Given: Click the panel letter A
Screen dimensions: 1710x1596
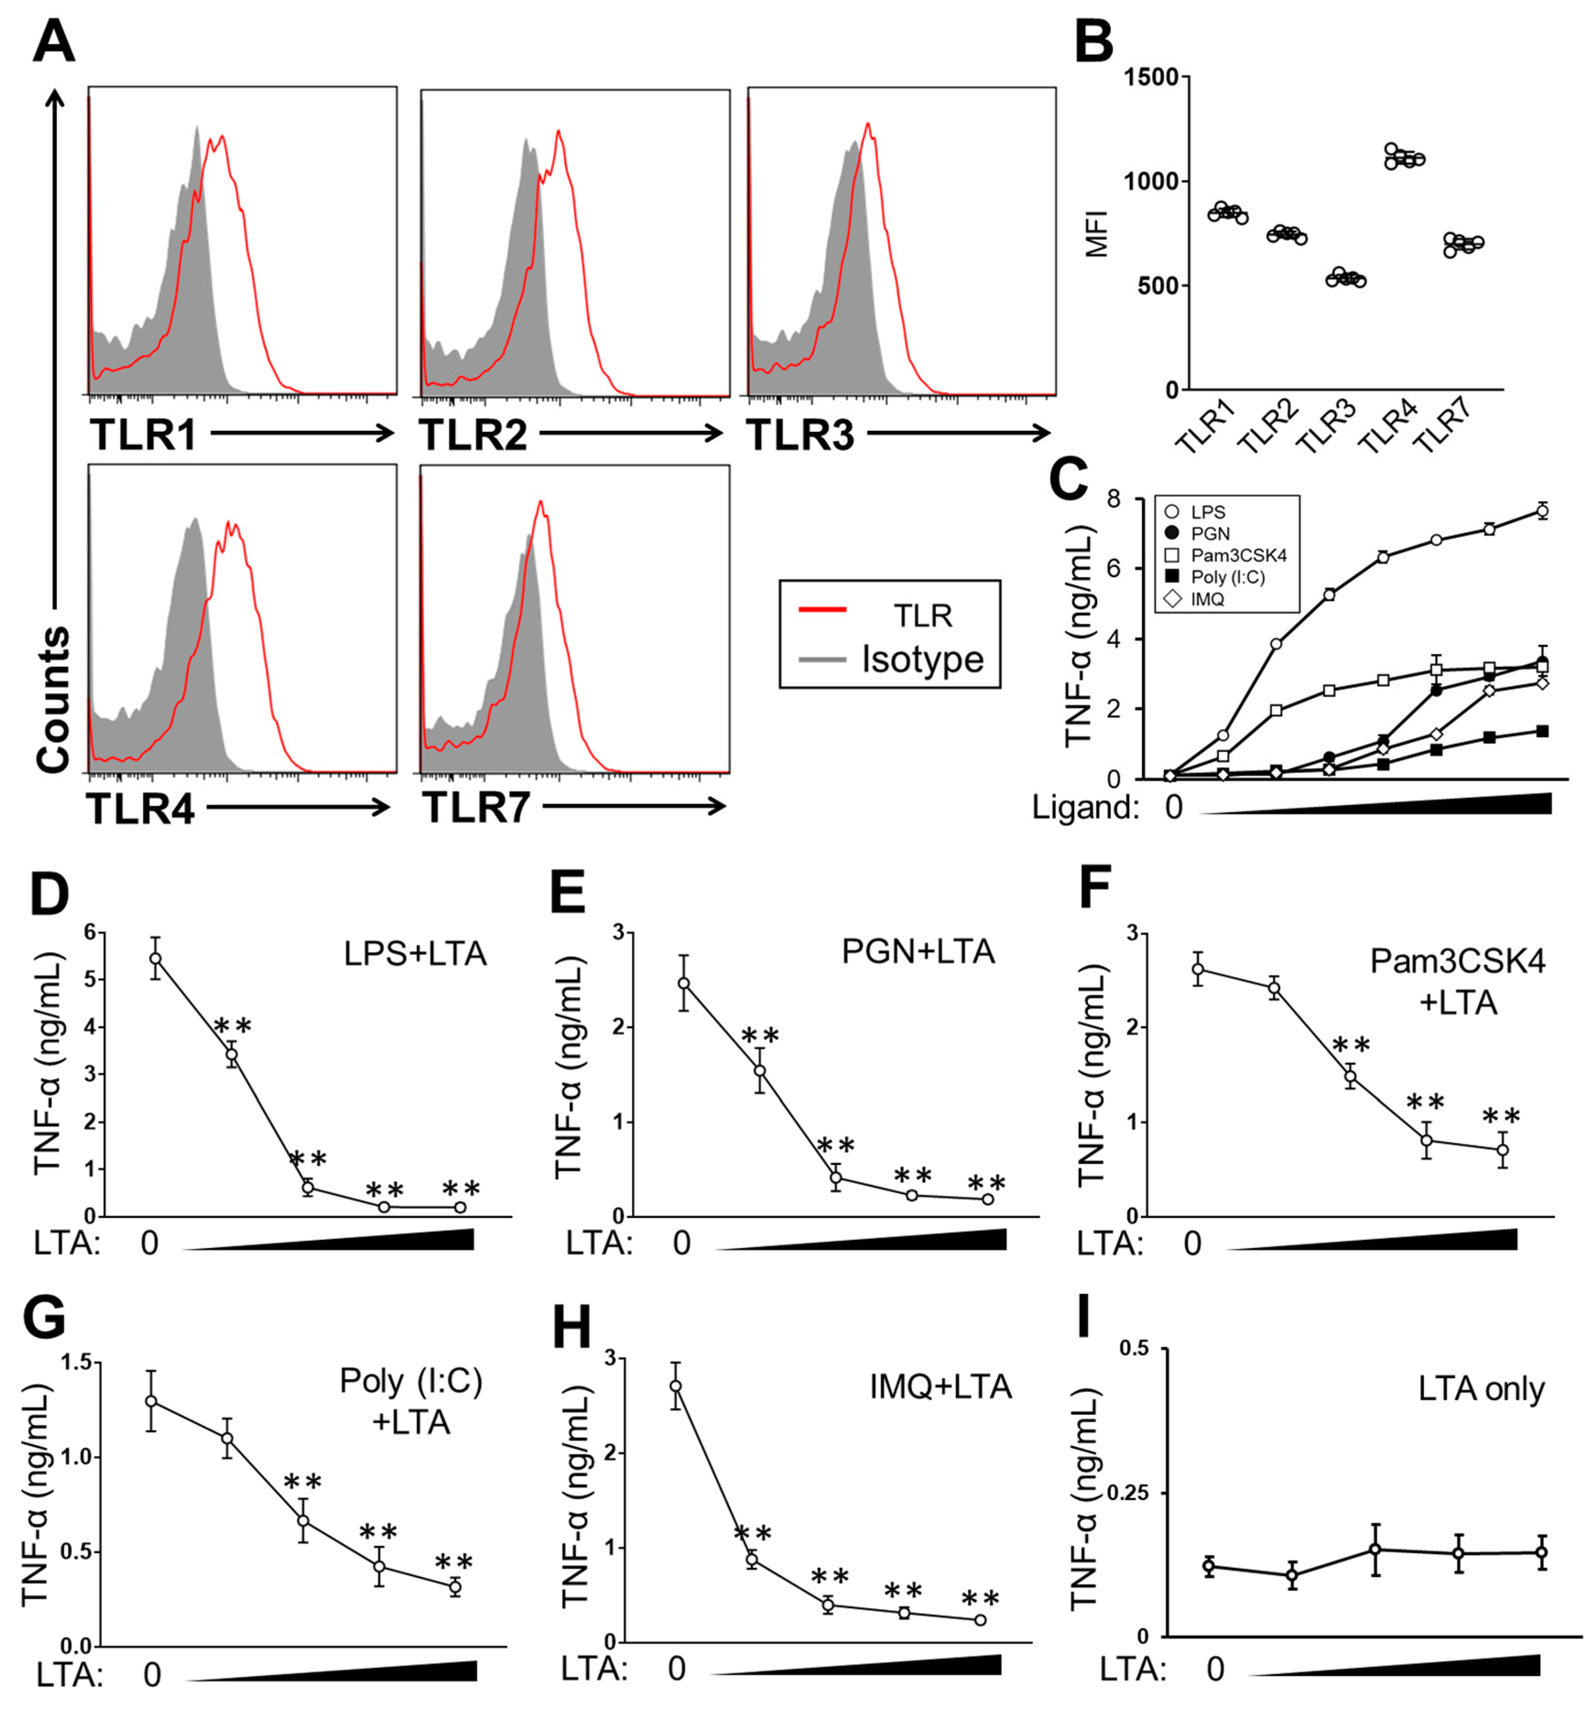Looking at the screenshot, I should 54,41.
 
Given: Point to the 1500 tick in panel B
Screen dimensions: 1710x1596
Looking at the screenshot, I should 1151,77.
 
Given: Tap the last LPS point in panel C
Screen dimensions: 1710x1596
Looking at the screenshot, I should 1542,512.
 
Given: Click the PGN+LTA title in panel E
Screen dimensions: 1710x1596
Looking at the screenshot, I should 917,952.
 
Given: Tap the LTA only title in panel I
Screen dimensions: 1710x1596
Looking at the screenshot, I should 1481,1389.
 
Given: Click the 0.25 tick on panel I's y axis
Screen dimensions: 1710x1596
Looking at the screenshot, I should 1135,1492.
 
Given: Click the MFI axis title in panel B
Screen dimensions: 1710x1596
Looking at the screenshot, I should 1097,233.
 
